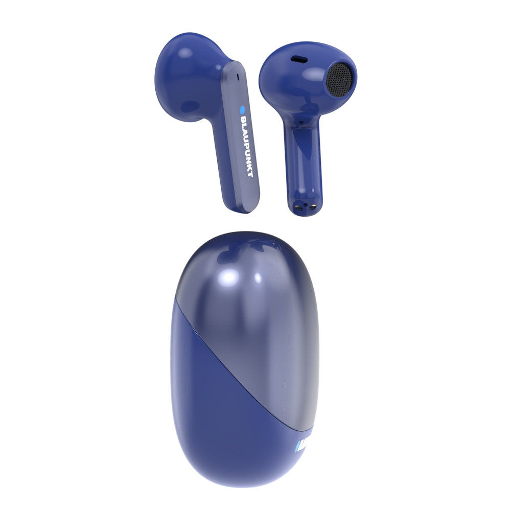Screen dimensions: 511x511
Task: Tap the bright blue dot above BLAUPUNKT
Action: tap(243, 108)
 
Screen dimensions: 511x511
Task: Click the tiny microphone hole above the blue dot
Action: tap(239, 78)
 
